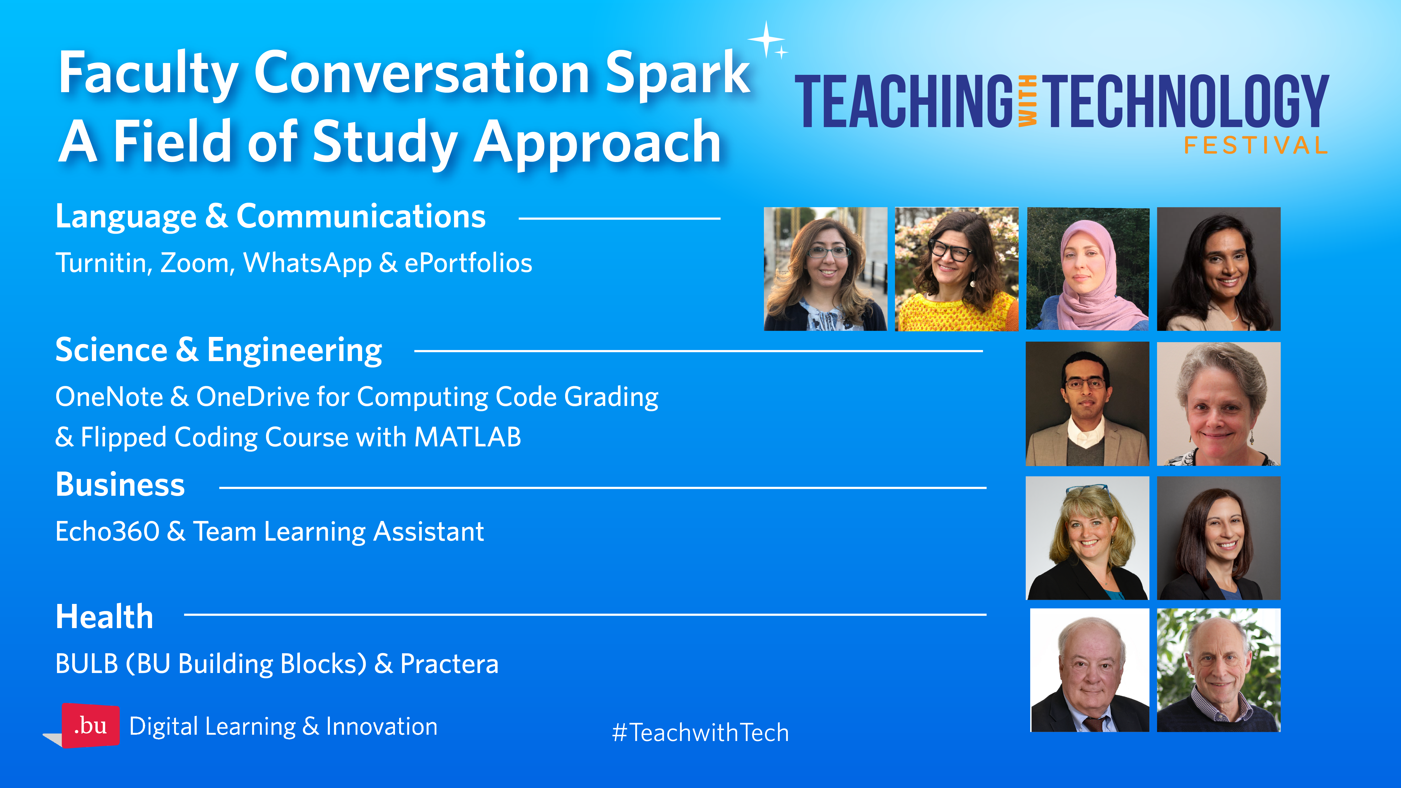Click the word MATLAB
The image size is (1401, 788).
(x=468, y=437)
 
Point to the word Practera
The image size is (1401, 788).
(x=449, y=664)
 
